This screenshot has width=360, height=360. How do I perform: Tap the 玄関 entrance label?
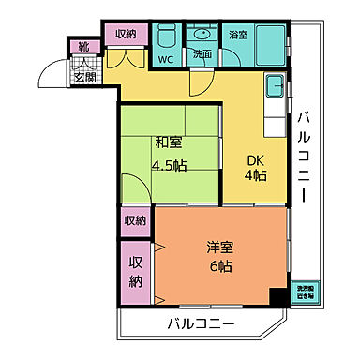83,76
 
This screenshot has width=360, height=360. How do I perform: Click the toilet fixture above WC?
166,37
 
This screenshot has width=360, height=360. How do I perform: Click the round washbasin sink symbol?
202,36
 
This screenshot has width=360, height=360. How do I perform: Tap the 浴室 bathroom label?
238,35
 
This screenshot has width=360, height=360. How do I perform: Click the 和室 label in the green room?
168,143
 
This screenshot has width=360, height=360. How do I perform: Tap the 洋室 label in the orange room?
220,248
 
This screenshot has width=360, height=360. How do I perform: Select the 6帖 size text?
220,266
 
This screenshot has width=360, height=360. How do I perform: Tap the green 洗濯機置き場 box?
307,292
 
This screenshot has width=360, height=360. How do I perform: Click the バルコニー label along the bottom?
202,324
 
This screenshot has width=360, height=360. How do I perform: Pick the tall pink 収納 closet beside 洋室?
134,270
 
